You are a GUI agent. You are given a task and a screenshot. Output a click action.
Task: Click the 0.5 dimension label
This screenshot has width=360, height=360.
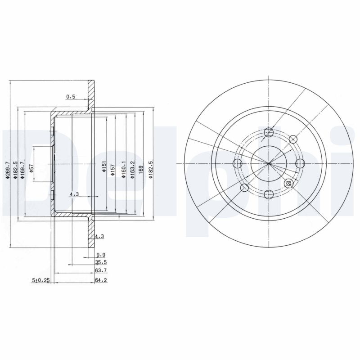point(70,96)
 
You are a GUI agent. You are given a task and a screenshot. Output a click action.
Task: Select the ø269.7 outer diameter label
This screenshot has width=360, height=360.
point(8,171)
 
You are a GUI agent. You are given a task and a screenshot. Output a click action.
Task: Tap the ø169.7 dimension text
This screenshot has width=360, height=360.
point(23,171)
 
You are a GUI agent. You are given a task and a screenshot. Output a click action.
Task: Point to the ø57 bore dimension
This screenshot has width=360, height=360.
point(31,168)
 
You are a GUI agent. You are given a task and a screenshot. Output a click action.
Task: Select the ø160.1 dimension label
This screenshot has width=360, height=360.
point(123,169)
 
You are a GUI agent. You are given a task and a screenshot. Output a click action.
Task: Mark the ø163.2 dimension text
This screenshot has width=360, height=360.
point(132,169)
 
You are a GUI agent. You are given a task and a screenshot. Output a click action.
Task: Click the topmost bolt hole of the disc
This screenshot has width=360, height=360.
point(269,132)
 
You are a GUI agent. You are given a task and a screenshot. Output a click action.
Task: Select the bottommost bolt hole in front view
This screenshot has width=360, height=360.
point(269,194)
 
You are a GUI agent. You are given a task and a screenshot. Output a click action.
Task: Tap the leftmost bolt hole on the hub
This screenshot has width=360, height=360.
point(238,163)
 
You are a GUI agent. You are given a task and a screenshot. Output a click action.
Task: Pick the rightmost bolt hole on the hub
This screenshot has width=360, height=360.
point(300,163)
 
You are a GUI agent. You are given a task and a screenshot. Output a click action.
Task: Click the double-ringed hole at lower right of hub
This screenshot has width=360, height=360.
point(289,183)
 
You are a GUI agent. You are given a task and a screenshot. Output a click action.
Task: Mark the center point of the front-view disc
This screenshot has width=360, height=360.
point(269,163)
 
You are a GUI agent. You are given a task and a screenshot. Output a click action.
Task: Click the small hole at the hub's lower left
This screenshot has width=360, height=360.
point(244,187)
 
